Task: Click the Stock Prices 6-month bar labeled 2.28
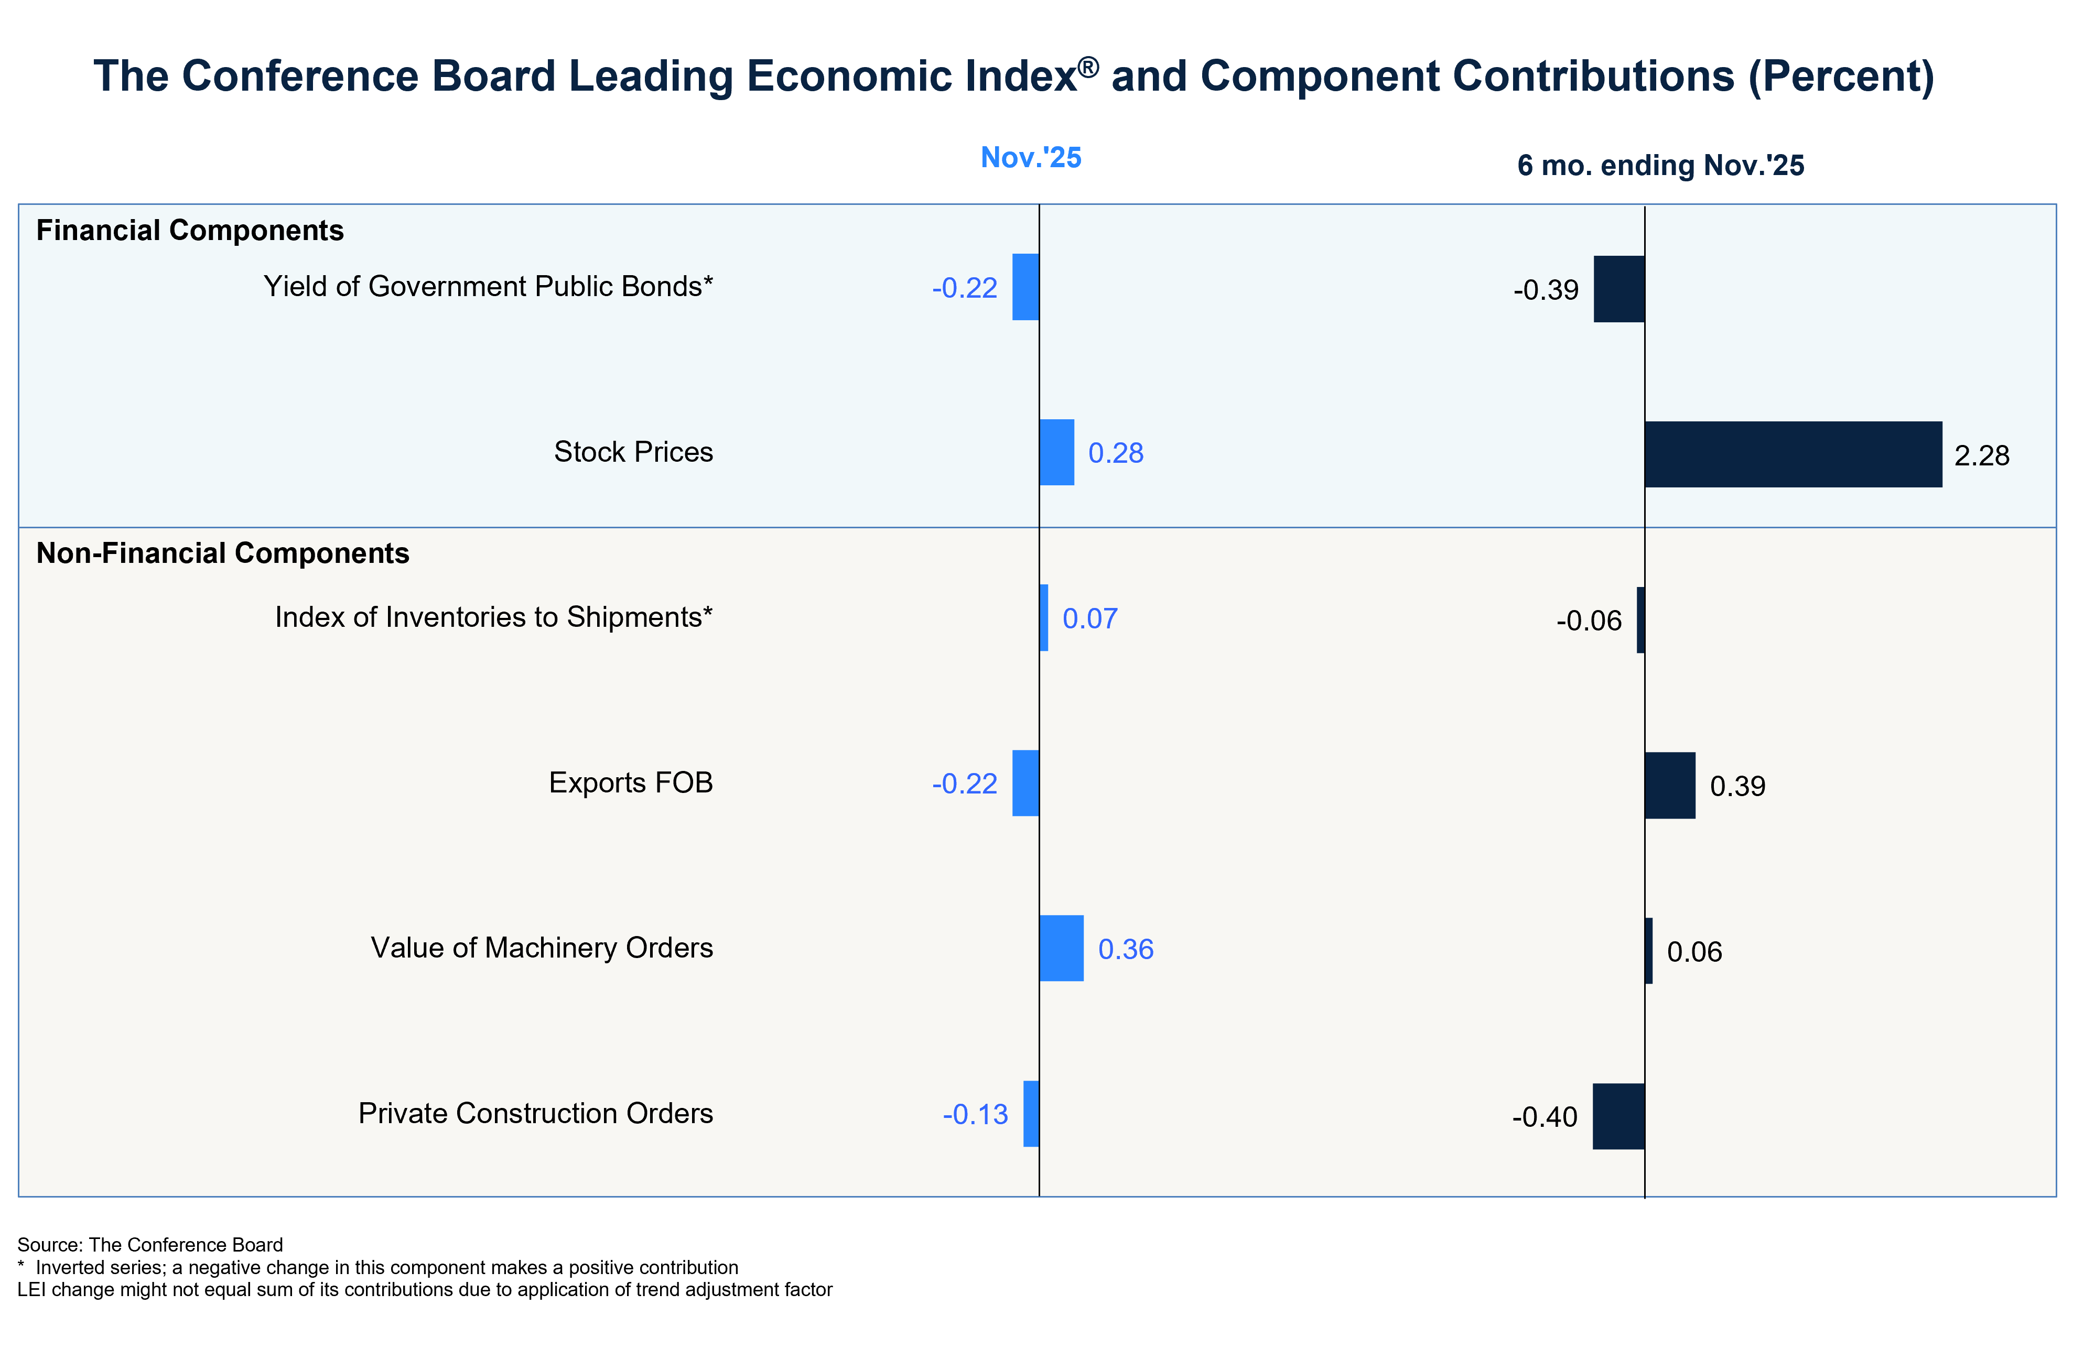pos(1794,454)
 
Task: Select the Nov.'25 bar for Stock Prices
pos(1056,453)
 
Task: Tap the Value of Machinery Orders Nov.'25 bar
pos(1062,949)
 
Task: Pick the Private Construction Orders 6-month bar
pos(1618,1117)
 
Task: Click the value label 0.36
pos(1126,950)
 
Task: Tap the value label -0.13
pos(975,1115)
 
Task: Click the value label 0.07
pos(1090,618)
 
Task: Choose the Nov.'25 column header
pos(1031,157)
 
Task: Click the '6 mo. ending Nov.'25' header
pos(1660,165)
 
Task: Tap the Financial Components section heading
pos(190,231)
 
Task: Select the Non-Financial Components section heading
pos(223,553)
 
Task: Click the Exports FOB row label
pos(631,783)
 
